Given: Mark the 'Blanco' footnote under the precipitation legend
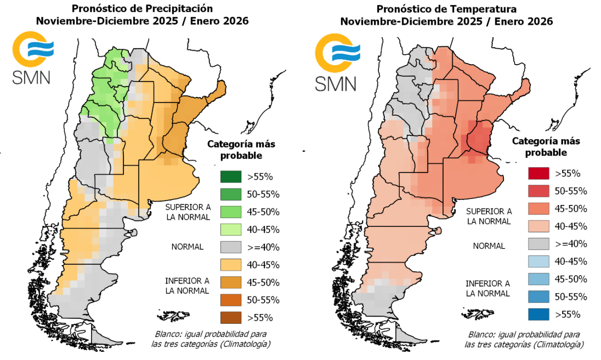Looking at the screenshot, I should pos(211,339).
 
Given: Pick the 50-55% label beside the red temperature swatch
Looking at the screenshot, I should pos(571,191).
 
